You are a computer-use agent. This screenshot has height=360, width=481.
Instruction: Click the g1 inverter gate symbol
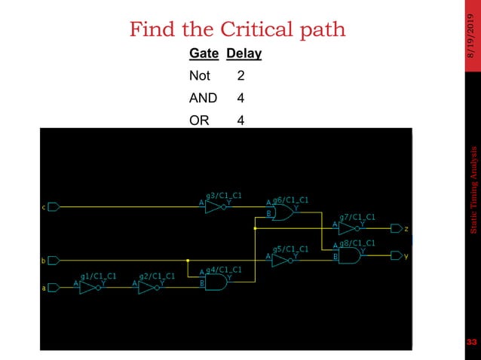click(90, 286)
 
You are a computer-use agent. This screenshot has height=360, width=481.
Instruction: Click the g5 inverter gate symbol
click(280, 260)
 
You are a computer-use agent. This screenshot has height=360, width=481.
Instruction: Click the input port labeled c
click(54, 206)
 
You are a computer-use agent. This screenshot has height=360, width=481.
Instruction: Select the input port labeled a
click(54, 286)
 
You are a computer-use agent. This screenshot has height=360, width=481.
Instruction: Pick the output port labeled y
click(397, 255)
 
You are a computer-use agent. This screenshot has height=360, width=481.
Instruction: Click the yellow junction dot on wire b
click(188, 261)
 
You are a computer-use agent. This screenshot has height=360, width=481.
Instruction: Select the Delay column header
click(244, 54)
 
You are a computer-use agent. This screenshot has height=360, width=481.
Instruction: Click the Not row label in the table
click(200, 76)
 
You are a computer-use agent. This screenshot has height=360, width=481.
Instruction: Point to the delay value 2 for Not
click(240, 76)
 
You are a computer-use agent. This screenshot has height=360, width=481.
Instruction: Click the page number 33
click(472, 343)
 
